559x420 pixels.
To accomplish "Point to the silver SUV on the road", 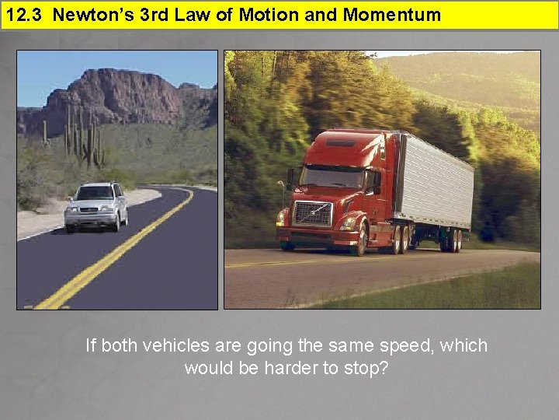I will tap(96, 206).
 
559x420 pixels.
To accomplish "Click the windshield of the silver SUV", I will tap(95, 193).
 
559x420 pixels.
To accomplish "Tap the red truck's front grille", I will tap(312, 213).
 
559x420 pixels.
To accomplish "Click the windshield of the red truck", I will tap(332, 177).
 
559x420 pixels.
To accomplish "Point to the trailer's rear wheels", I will tap(450, 241).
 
